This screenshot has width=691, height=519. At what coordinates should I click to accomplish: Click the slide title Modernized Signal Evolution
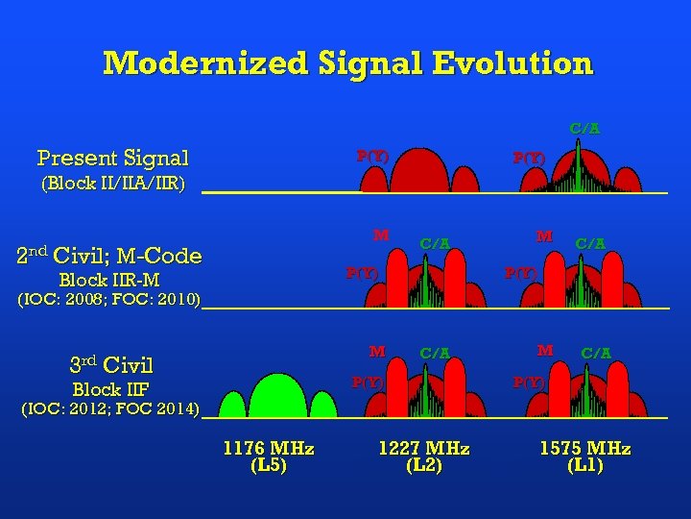347,63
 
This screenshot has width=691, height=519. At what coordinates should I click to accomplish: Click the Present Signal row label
112,158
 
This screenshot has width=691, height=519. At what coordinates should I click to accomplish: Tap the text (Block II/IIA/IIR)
111,183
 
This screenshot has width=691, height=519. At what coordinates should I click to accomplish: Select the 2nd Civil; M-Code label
109,256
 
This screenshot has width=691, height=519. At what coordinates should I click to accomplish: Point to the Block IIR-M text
109,281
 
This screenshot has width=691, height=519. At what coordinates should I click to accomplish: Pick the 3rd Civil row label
111,365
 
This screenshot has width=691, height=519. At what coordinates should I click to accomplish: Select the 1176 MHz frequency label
269,449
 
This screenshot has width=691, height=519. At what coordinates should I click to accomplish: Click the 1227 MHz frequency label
424,449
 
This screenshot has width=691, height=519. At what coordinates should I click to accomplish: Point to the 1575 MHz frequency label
584,449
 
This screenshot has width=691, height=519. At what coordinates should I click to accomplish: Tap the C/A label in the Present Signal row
584,128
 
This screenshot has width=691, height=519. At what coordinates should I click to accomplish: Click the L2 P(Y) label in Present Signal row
372,155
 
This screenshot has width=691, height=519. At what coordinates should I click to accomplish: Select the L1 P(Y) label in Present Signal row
529,158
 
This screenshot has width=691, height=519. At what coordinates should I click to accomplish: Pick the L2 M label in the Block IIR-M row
381,235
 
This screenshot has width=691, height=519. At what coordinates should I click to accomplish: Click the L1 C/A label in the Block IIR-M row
590,244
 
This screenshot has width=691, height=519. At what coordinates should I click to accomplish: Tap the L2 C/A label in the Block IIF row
436,353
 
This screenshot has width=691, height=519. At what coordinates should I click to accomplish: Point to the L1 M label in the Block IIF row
545,351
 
